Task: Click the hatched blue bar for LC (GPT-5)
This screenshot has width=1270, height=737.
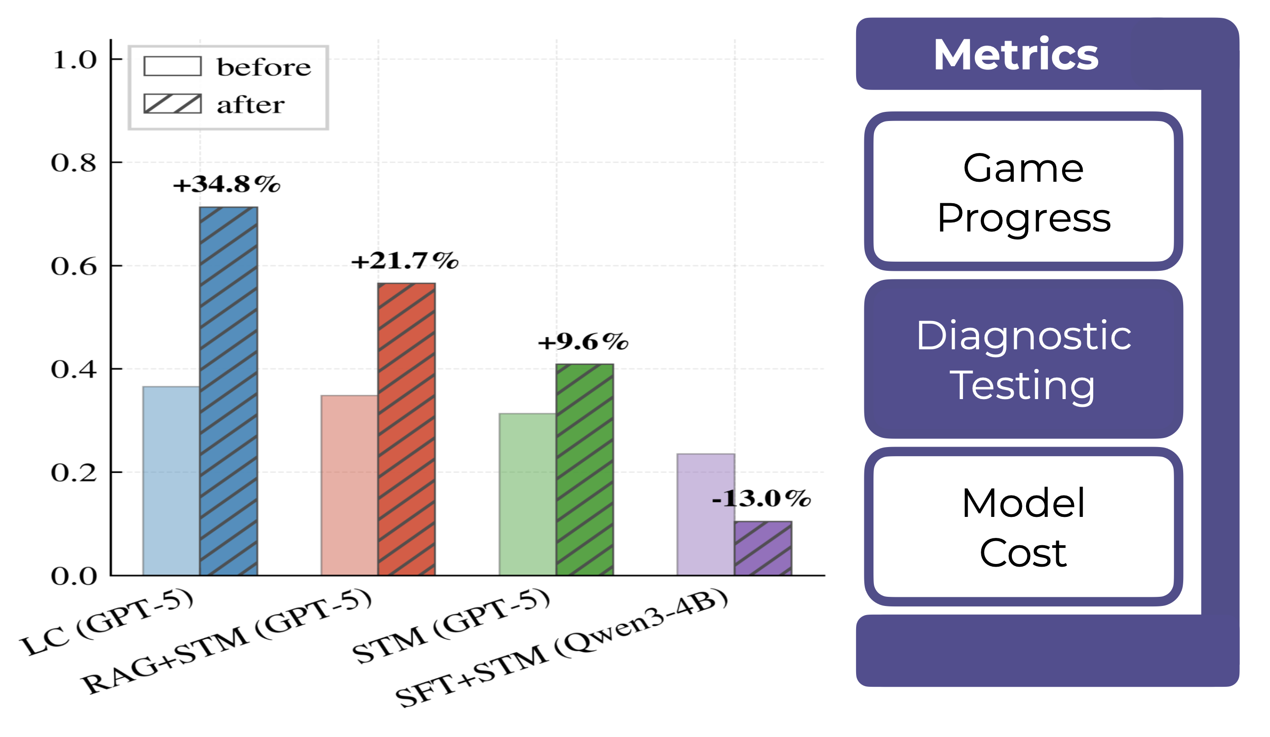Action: (228, 390)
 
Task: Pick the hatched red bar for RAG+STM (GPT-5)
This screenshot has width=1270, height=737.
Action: (406, 429)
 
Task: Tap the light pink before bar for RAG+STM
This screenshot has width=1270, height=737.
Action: (349, 485)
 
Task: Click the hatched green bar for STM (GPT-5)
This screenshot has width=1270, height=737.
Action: (585, 469)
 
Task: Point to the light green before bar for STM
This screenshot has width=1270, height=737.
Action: (527, 494)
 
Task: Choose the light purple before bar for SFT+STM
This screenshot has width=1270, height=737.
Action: (705, 514)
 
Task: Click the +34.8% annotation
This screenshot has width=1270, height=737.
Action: (226, 184)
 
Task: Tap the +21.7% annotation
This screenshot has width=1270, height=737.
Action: (405, 261)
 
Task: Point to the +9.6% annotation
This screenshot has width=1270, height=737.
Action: (583, 342)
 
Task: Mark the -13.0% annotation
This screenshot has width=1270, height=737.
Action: (761, 499)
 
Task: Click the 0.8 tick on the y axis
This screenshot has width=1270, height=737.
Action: (74, 163)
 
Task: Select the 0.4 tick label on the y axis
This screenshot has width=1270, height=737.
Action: (74, 369)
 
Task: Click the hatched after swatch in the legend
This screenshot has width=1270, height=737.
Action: (172, 104)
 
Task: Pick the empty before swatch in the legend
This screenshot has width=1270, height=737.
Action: (172, 67)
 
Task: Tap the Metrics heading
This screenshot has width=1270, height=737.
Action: (1016, 54)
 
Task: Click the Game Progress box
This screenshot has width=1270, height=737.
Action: (1023, 191)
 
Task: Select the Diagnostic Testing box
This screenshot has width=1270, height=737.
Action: (1023, 359)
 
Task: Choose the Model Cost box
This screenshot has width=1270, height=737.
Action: (1023, 527)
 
